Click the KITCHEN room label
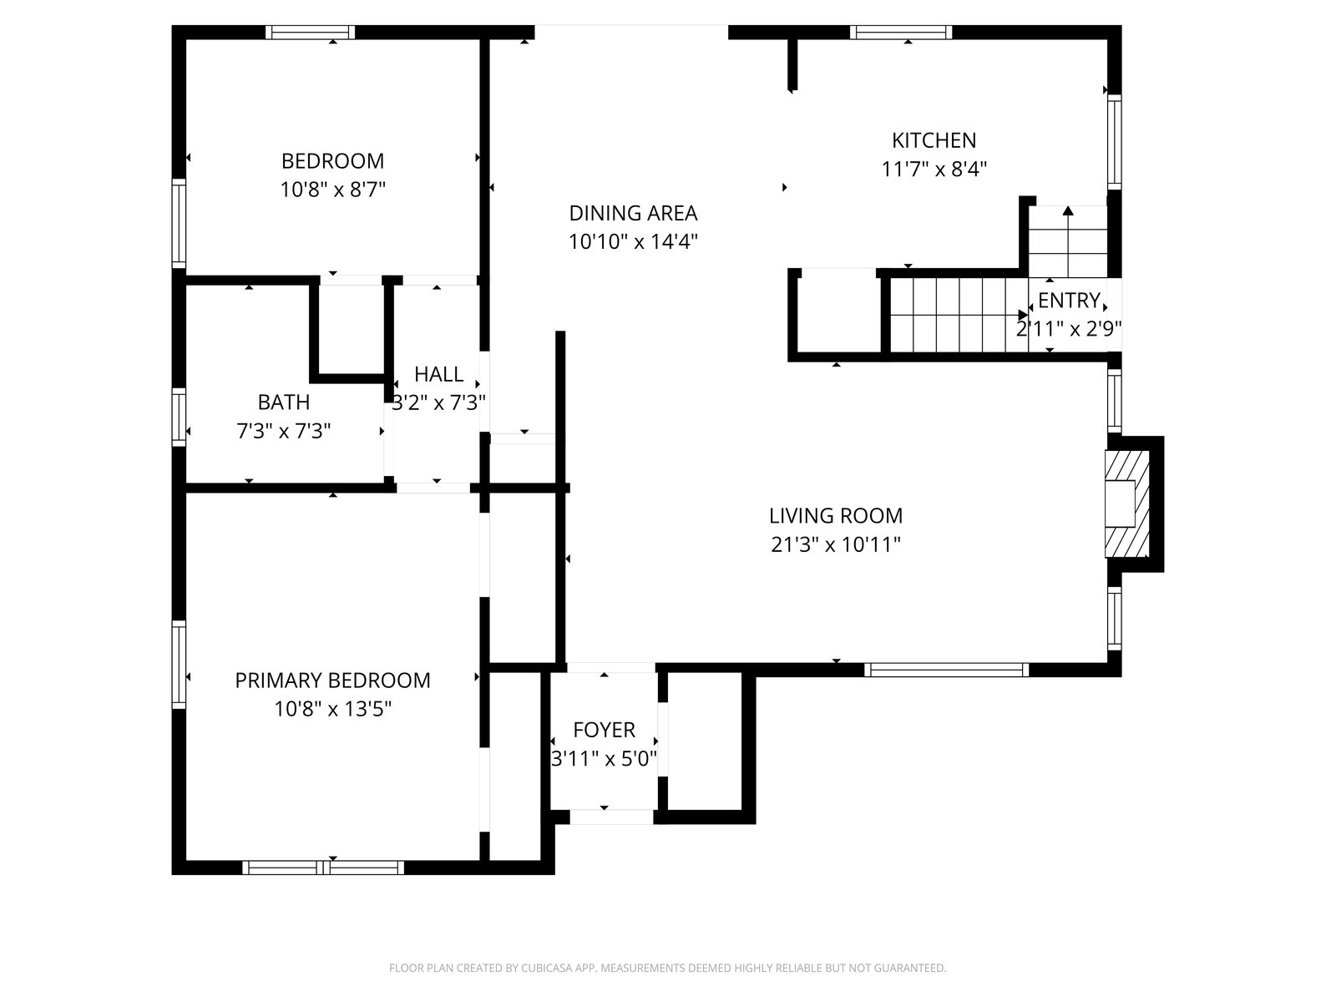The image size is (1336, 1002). click(x=934, y=140)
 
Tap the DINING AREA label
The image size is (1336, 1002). click(x=633, y=214)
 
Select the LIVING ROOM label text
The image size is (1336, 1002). click(x=836, y=516)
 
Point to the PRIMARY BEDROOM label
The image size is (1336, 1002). click(x=332, y=681)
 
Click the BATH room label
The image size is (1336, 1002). click(x=284, y=402)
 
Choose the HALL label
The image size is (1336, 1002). click(x=439, y=374)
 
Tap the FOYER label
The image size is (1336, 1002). click(x=604, y=730)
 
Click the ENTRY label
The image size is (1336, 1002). click(x=1069, y=301)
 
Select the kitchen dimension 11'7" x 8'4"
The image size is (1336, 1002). click(x=934, y=169)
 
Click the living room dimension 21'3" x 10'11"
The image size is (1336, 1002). click(x=836, y=544)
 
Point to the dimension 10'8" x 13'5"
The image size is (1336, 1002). click(x=332, y=709)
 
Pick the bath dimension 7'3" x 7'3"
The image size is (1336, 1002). click(x=284, y=432)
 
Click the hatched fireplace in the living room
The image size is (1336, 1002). click(x=1126, y=504)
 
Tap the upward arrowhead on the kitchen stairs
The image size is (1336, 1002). click(x=1068, y=211)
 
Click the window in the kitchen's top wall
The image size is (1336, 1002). click(x=901, y=33)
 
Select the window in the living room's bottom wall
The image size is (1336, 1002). click(x=946, y=670)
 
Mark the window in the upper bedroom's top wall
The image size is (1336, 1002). click(x=311, y=33)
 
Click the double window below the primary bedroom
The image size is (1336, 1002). click(x=323, y=868)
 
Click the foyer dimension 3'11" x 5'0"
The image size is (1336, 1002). click(x=604, y=759)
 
